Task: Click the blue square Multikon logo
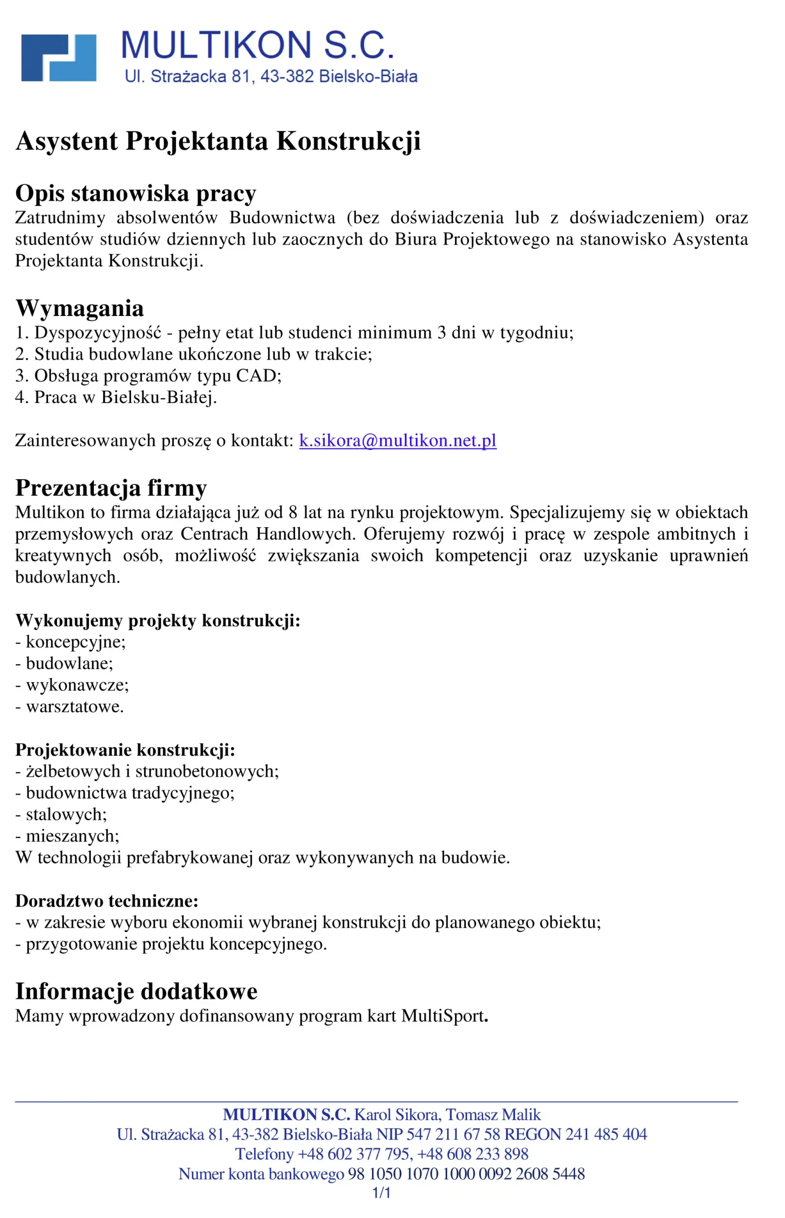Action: tap(59, 58)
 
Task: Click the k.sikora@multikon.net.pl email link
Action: tap(397, 440)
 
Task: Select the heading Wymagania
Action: tap(79, 308)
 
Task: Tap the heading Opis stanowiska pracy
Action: tap(136, 193)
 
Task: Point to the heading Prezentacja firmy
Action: tap(111, 488)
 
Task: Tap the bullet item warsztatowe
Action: tap(74, 707)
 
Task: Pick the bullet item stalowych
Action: tap(66, 815)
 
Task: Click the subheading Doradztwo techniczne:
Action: tap(107, 901)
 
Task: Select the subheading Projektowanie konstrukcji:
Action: tap(125, 750)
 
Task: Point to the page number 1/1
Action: tap(381, 1193)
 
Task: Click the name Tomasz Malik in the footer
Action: tap(493, 1115)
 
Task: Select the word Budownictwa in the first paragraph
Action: tap(282, 217)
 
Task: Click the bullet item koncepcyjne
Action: tap(75, 642)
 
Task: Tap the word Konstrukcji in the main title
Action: tap(348, 141)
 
